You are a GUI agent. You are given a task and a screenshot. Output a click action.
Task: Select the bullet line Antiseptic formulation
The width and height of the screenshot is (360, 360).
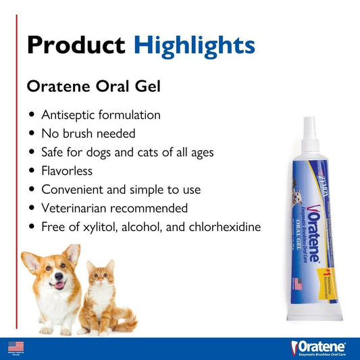pos(101,115)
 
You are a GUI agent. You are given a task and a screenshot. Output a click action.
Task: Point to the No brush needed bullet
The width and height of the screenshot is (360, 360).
pos(88,134)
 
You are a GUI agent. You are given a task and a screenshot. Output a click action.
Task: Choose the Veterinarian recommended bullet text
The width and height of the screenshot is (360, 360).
pos(114,208)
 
